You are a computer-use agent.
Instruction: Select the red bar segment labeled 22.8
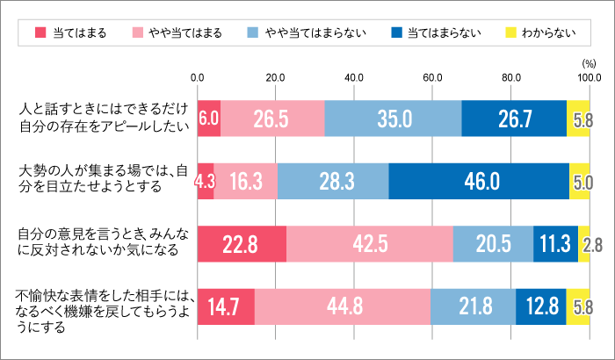point(242,243)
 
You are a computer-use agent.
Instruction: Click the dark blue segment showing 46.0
point(479,181)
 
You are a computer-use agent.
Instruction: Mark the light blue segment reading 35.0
point(393,119)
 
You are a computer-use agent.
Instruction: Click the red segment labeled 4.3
point(206,181)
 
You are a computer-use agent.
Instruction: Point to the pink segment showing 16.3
point(246,181)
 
